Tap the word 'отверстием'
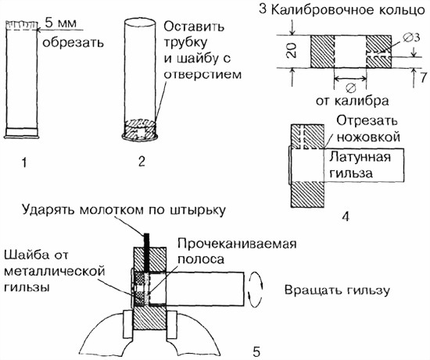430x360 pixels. [203, 74]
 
